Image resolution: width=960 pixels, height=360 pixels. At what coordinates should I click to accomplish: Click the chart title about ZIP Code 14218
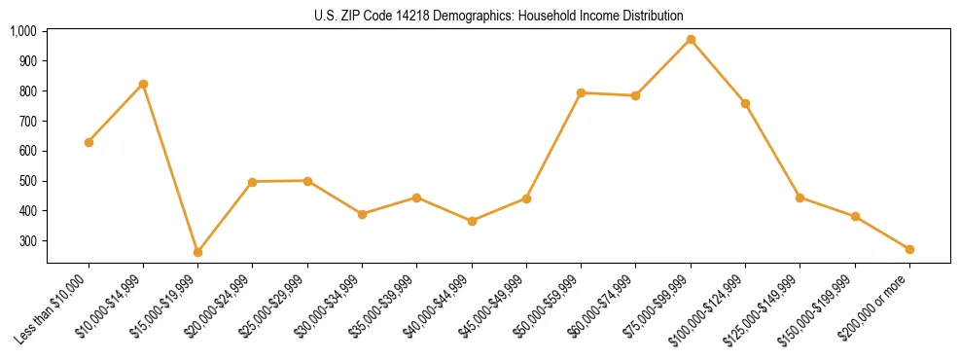point(499,16)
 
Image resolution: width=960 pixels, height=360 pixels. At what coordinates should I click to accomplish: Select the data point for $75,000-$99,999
point(691,40)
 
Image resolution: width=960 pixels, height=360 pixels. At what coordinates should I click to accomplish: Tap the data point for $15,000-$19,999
point(198,252)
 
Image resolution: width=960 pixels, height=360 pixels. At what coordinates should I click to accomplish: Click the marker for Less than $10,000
point(89,142)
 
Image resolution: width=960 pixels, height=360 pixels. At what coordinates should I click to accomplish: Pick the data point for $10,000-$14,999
point(143,84)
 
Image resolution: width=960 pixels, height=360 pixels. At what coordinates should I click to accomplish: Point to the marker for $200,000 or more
point(909,250)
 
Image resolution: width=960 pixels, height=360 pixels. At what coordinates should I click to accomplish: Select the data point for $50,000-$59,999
point(581,92)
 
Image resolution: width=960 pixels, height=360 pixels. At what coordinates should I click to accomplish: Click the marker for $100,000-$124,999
point(745,103)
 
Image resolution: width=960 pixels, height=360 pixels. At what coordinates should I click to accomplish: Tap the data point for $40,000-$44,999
point(472,221)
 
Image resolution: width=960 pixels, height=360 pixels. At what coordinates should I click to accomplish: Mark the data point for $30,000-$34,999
point(362,214)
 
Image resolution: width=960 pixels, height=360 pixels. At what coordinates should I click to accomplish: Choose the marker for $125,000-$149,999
point(800,198)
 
